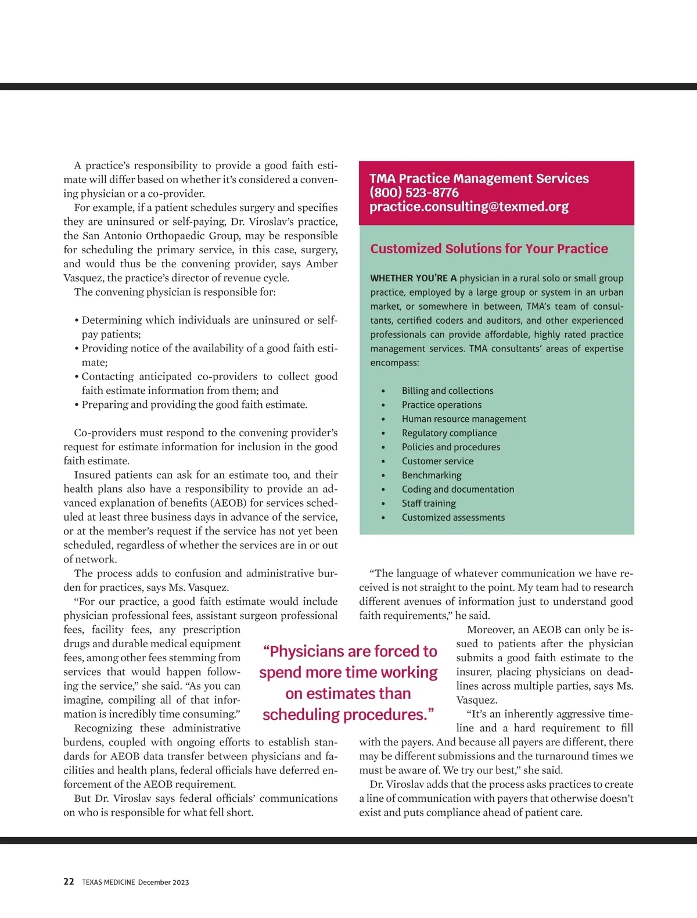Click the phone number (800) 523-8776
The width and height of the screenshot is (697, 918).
414,193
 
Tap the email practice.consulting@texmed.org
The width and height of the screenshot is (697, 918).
469,207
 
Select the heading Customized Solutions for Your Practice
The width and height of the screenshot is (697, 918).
489,249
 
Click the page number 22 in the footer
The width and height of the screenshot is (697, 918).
69,881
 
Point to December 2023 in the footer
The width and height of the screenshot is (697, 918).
163,882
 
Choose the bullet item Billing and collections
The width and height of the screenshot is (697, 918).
447,391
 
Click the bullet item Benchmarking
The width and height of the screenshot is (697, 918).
432,475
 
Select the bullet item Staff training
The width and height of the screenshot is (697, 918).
429,503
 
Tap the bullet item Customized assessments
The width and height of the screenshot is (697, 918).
453,517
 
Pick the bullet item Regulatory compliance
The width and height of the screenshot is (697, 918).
449,433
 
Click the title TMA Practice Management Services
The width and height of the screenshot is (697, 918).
479,178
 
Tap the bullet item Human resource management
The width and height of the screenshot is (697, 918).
464,419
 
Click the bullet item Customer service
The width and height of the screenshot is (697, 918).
437,461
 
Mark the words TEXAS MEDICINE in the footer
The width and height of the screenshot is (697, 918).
108,882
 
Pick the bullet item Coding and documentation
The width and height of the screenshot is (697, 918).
458,489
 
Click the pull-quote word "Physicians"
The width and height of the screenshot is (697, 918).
307,651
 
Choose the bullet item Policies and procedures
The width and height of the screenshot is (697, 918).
451,447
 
